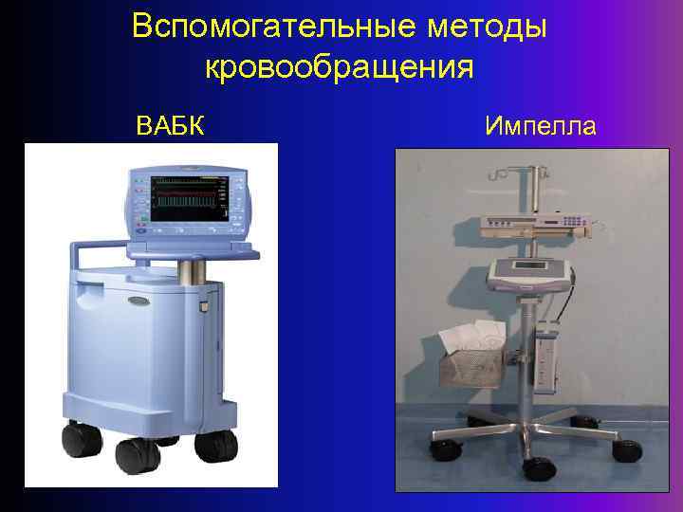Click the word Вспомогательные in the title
tap(257, 26)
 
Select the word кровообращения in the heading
tap(339, 69)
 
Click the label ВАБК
tap(171, 124)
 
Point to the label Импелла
tap(540, 124)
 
